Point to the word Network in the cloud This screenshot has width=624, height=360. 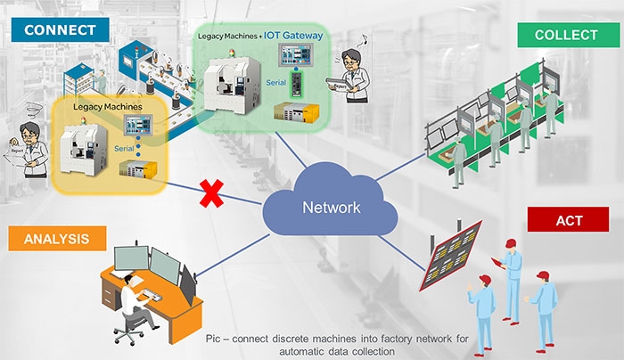click(331, 208)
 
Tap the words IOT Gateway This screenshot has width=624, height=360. click(293, 36)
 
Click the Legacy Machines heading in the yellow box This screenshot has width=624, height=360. click(107, 106)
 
